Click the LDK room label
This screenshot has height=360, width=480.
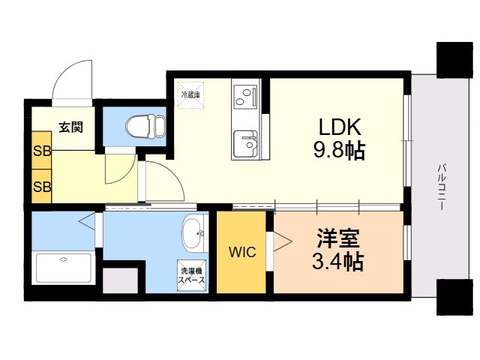click(340, 127)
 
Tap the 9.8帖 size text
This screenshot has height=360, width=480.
click(339, 150)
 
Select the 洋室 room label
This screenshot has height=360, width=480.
click(338, 238)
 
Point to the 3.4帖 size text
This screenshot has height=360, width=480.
click(338, 261)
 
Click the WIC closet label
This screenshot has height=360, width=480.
click(242, 252)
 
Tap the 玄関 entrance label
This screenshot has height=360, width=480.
click(71, 127)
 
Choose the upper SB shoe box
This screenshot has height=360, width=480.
click(42, 150)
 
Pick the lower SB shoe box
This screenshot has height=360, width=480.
click(42, 186)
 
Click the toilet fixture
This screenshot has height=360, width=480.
click(145, 126)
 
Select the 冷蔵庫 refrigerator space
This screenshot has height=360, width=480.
click(190, 95)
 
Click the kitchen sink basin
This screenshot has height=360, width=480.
click(245, 143)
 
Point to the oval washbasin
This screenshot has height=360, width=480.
click(193, 234)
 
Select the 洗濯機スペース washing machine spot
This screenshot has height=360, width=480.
click(192, 275)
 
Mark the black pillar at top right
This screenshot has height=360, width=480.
click(454, 60)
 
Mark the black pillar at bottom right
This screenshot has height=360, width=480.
click(454, 297)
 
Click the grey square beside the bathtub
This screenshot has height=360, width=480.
click(120, 280)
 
